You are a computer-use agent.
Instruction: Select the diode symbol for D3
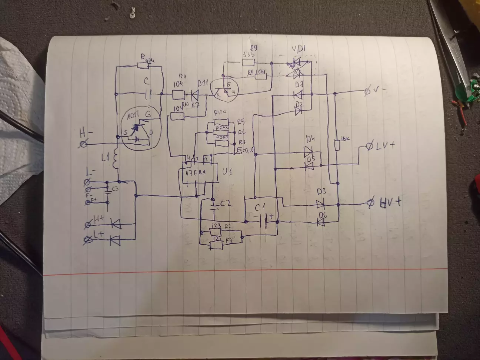321,203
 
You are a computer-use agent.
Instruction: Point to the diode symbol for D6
321,222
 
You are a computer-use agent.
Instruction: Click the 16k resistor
337,145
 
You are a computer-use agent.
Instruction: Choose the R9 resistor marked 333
248,62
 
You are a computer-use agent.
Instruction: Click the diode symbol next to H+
116,224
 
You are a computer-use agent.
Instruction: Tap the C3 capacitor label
115,189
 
